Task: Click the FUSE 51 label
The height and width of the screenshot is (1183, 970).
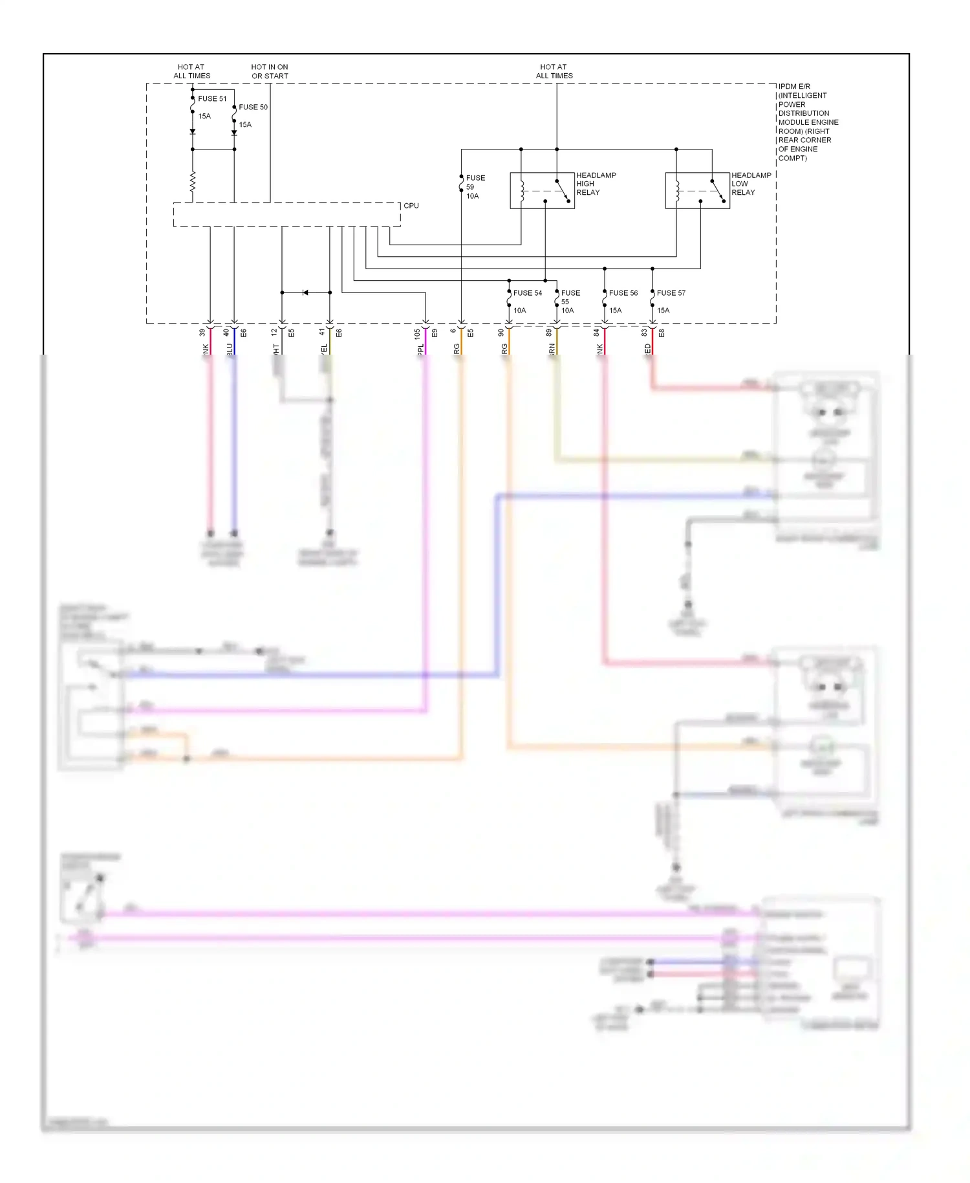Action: (x=212, y=99)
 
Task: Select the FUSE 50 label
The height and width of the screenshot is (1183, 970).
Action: (x=253, y=107)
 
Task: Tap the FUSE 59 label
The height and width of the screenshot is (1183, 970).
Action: (x=475, y=182)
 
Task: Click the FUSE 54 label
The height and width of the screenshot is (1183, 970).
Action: (x=528, y=293)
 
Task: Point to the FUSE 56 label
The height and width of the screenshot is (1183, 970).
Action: (x=623, y=293)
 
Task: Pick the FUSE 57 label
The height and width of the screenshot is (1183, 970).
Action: (x=671, y=293)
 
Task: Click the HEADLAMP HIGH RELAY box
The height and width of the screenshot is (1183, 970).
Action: (x=542, y=190)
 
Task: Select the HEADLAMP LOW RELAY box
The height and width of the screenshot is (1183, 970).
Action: (x=697, y=190)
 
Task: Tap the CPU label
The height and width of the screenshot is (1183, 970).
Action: (x=411, y=206)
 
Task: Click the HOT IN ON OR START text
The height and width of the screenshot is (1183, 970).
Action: (x=270, y=71)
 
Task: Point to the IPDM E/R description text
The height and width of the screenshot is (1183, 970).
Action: (x=808, y=122)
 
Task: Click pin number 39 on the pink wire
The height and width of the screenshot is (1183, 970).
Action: (x=202, y=333)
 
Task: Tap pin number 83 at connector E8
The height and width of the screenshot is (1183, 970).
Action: (x=644, y=333)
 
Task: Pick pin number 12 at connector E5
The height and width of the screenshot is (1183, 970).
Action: (x=274, y=333)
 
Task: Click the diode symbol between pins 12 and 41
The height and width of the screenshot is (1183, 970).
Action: (x=305, y=293)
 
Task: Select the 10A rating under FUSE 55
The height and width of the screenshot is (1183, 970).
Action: (x=567, y=311)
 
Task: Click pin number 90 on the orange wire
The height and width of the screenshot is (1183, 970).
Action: (x=501, y=333)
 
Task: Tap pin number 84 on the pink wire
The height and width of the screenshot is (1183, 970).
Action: (x=596, y=333)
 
